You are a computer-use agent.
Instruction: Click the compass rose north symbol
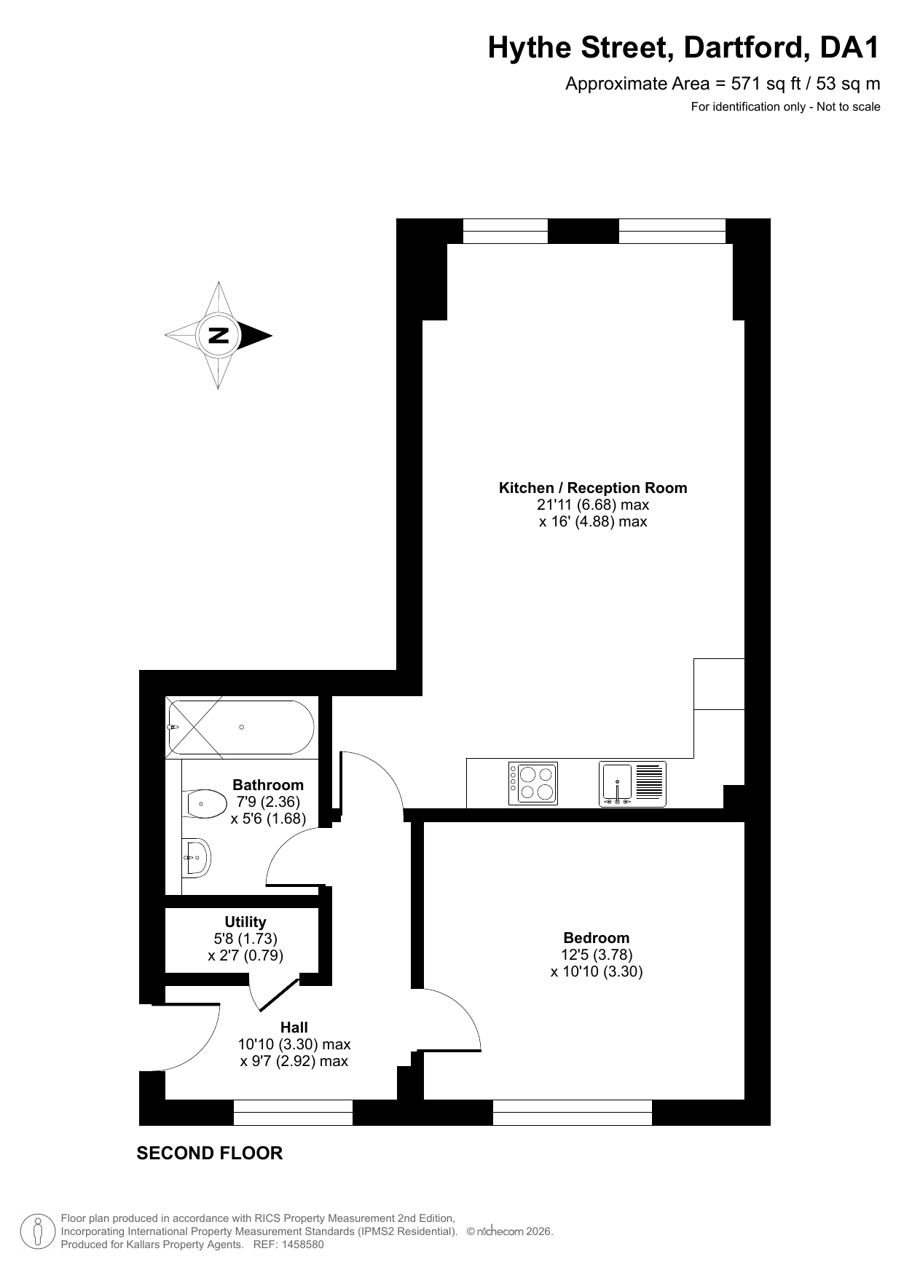219,336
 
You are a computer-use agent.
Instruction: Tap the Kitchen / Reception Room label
593,488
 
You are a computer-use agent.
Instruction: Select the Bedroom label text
597,938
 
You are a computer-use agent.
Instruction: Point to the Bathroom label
268,785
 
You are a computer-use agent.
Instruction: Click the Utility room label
245,922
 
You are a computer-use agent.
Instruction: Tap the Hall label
294,1027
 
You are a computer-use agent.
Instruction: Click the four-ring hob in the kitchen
533,784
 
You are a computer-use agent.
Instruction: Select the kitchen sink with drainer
632,784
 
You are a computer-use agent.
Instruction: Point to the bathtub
240,727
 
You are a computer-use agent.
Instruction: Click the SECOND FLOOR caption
210,1153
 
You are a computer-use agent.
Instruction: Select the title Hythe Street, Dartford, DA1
684,48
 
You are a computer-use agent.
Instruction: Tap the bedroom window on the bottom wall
573,1113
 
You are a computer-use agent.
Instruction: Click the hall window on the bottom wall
293,1113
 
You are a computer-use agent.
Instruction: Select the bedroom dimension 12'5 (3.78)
597,955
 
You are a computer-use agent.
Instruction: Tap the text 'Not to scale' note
849,107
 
